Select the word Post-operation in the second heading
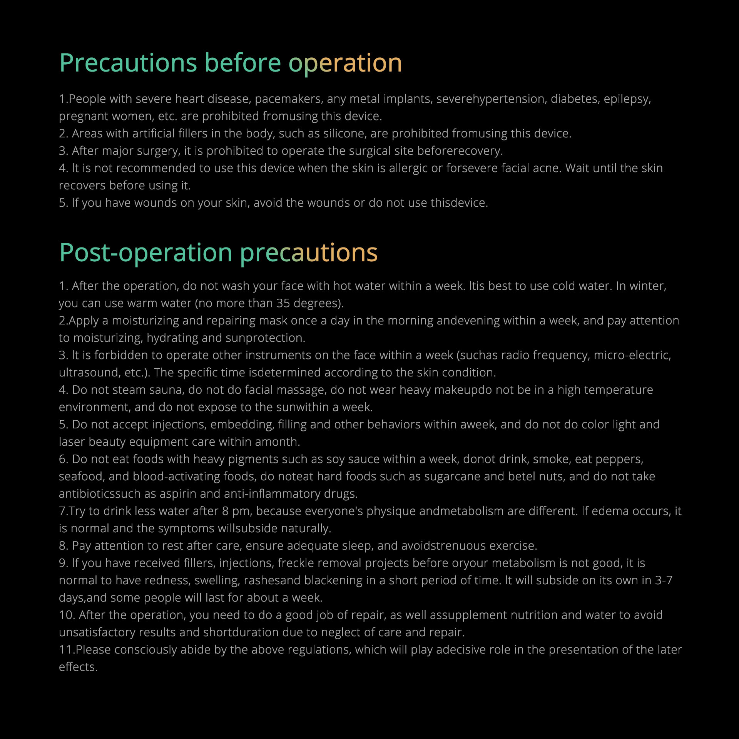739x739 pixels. [x=146, y=253]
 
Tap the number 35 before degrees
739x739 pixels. [x=283, y=303]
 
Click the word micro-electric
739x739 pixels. [x=632, y=355]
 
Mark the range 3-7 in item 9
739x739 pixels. [x=664, y=580]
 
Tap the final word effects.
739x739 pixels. [x=78, y=667]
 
